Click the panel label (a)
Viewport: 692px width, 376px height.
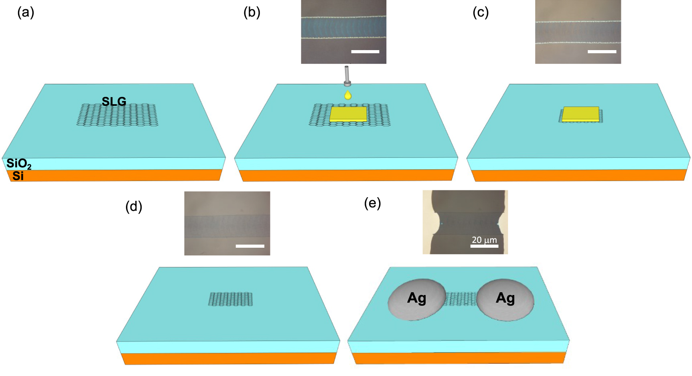26,13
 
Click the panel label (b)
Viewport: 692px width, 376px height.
252,13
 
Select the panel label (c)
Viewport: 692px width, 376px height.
480,13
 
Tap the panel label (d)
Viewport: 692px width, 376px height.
134,206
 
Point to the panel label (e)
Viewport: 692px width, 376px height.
372,203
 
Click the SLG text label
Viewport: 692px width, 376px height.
114,101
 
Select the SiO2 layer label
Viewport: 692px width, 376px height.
19,164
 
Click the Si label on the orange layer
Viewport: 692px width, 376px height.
18,176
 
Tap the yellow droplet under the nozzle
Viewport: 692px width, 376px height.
348,95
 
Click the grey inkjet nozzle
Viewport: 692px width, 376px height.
347,76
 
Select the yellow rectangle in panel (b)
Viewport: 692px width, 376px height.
348,114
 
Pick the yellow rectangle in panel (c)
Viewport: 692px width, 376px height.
580,114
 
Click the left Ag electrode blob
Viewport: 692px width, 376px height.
417,299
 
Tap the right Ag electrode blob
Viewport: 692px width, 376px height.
505,299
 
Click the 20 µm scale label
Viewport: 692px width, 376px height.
484,240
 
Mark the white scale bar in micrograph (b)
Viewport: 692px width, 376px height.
365,52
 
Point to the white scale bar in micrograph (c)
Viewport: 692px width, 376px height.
602,52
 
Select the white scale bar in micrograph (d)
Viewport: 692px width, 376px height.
250,246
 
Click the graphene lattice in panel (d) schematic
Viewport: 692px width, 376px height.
231,299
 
